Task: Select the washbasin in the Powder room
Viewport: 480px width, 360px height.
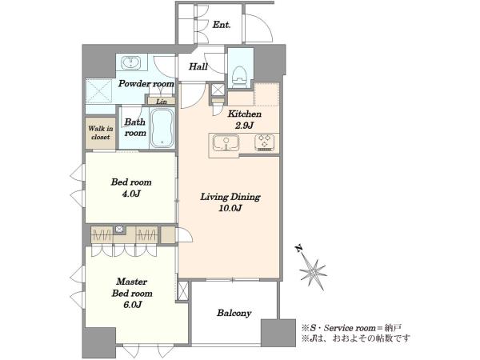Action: [131, 62]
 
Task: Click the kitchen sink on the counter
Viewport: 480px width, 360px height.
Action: [226, 143]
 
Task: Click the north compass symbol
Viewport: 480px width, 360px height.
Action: [312, 269]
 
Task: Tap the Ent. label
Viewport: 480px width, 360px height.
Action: [222, 25]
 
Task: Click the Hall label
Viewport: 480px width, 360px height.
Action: [198, 66]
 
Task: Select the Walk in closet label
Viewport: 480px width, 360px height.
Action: [101, 133]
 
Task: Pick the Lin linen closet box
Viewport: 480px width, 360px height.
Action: [162, 101]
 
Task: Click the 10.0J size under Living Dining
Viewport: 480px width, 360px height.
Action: [230, 209]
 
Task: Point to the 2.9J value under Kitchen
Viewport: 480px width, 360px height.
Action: [244, 126]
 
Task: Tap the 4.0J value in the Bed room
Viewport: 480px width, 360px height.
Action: [131, 194]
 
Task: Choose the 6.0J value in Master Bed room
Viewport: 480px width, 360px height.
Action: [132, 305]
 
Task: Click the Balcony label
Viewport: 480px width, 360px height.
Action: [234, 313]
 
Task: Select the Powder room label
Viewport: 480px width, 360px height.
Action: [146, 83]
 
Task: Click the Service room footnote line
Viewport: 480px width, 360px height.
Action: [351, 328]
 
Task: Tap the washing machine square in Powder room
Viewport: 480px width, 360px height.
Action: [99, 91]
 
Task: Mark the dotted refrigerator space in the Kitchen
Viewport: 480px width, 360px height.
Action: [266, 94]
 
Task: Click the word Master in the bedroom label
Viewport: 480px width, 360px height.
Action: [132, 282]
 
